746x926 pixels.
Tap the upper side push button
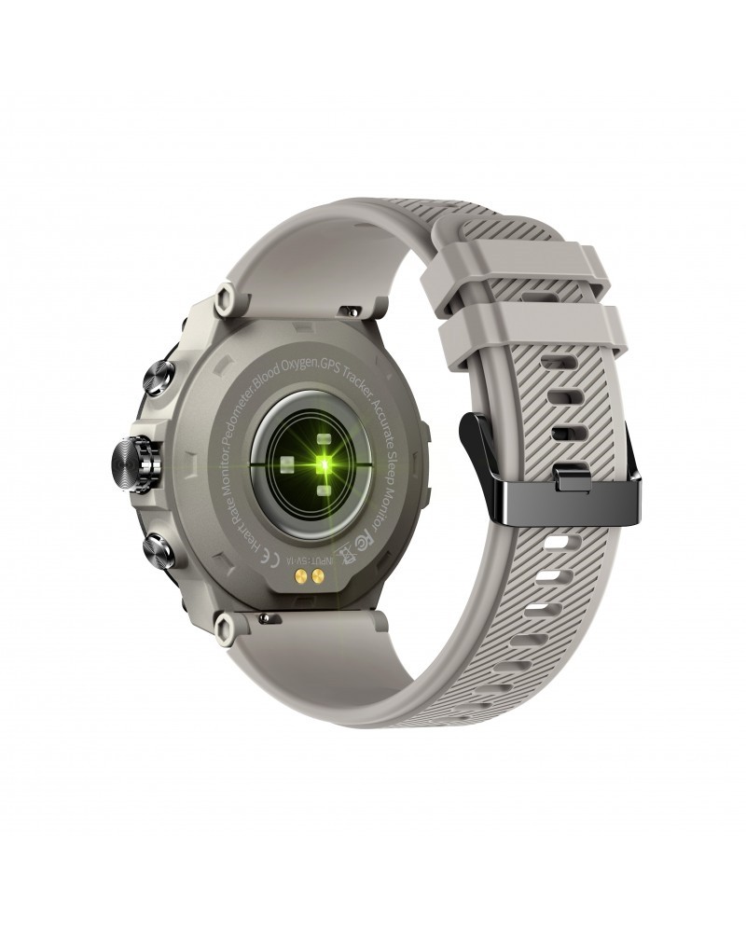(158, 380)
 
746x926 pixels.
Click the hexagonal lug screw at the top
(224, 300)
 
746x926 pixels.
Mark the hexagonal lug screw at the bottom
(225, 629)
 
